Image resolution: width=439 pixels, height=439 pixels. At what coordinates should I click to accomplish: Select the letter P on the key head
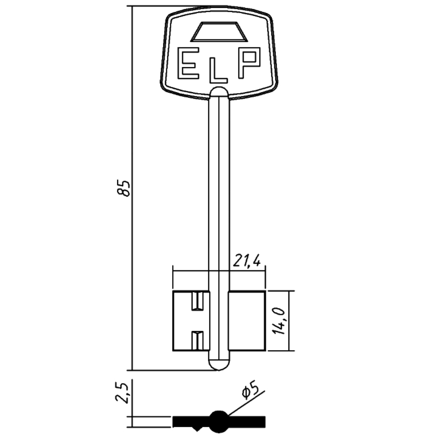[x=249, y=63]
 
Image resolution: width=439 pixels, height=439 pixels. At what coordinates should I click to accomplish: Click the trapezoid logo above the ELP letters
[x=219, y=32]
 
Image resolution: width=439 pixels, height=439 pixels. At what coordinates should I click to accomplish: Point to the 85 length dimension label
[x=123, y=188]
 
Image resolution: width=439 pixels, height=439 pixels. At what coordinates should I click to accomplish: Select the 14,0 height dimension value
[x=279, y=321]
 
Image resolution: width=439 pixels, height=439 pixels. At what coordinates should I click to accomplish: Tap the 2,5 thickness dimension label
[x=122, y=392]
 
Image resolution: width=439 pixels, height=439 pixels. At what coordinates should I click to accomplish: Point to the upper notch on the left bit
[x=197, y=301]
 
